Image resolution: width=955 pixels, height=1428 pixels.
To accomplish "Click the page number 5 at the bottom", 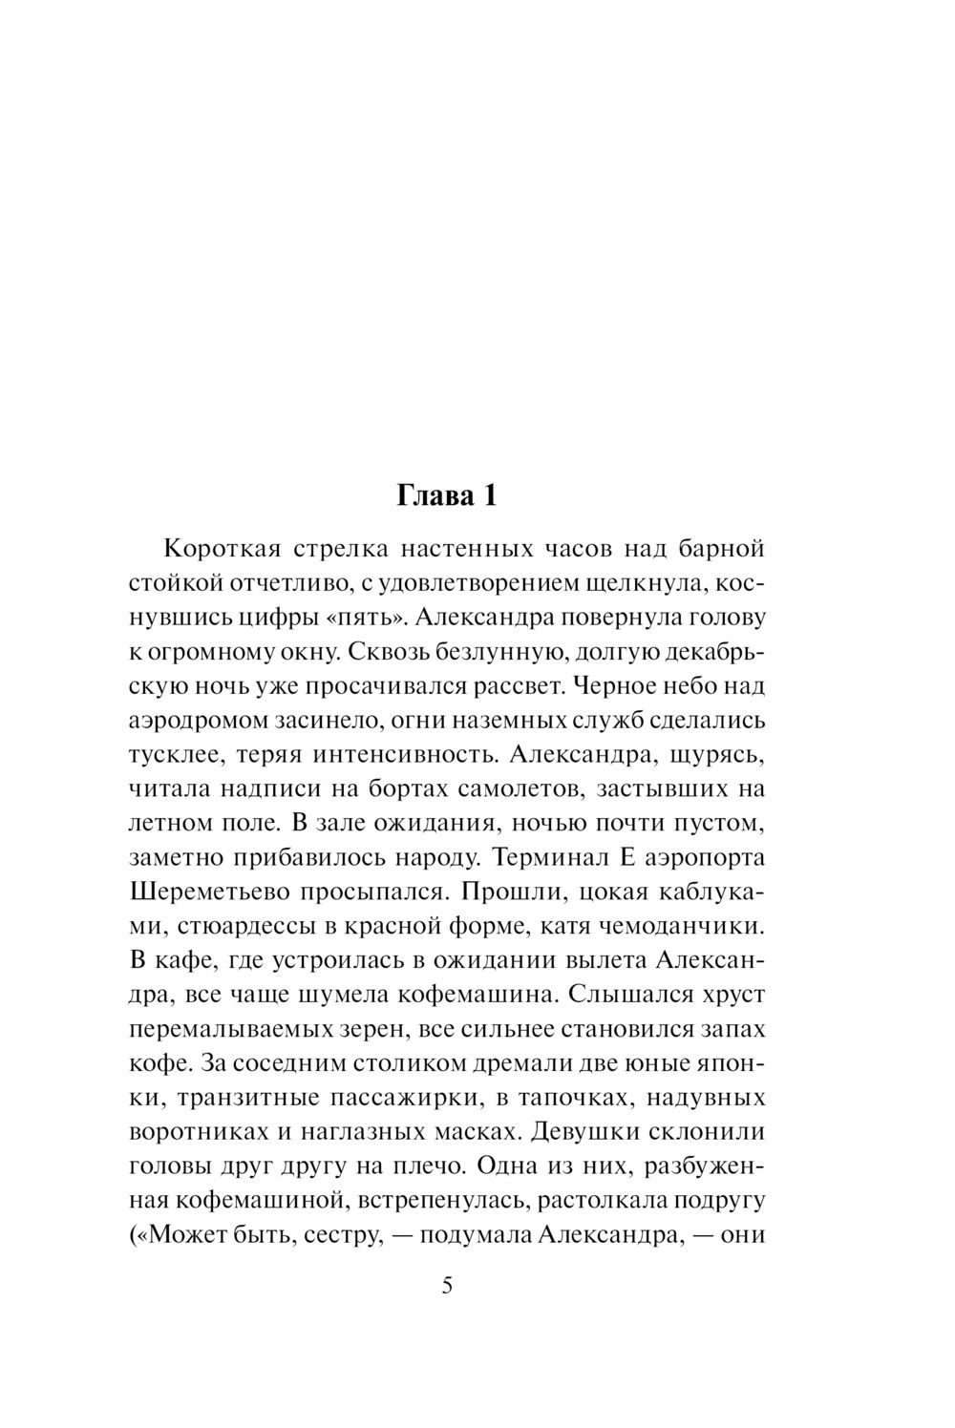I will tap(447, 1285).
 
